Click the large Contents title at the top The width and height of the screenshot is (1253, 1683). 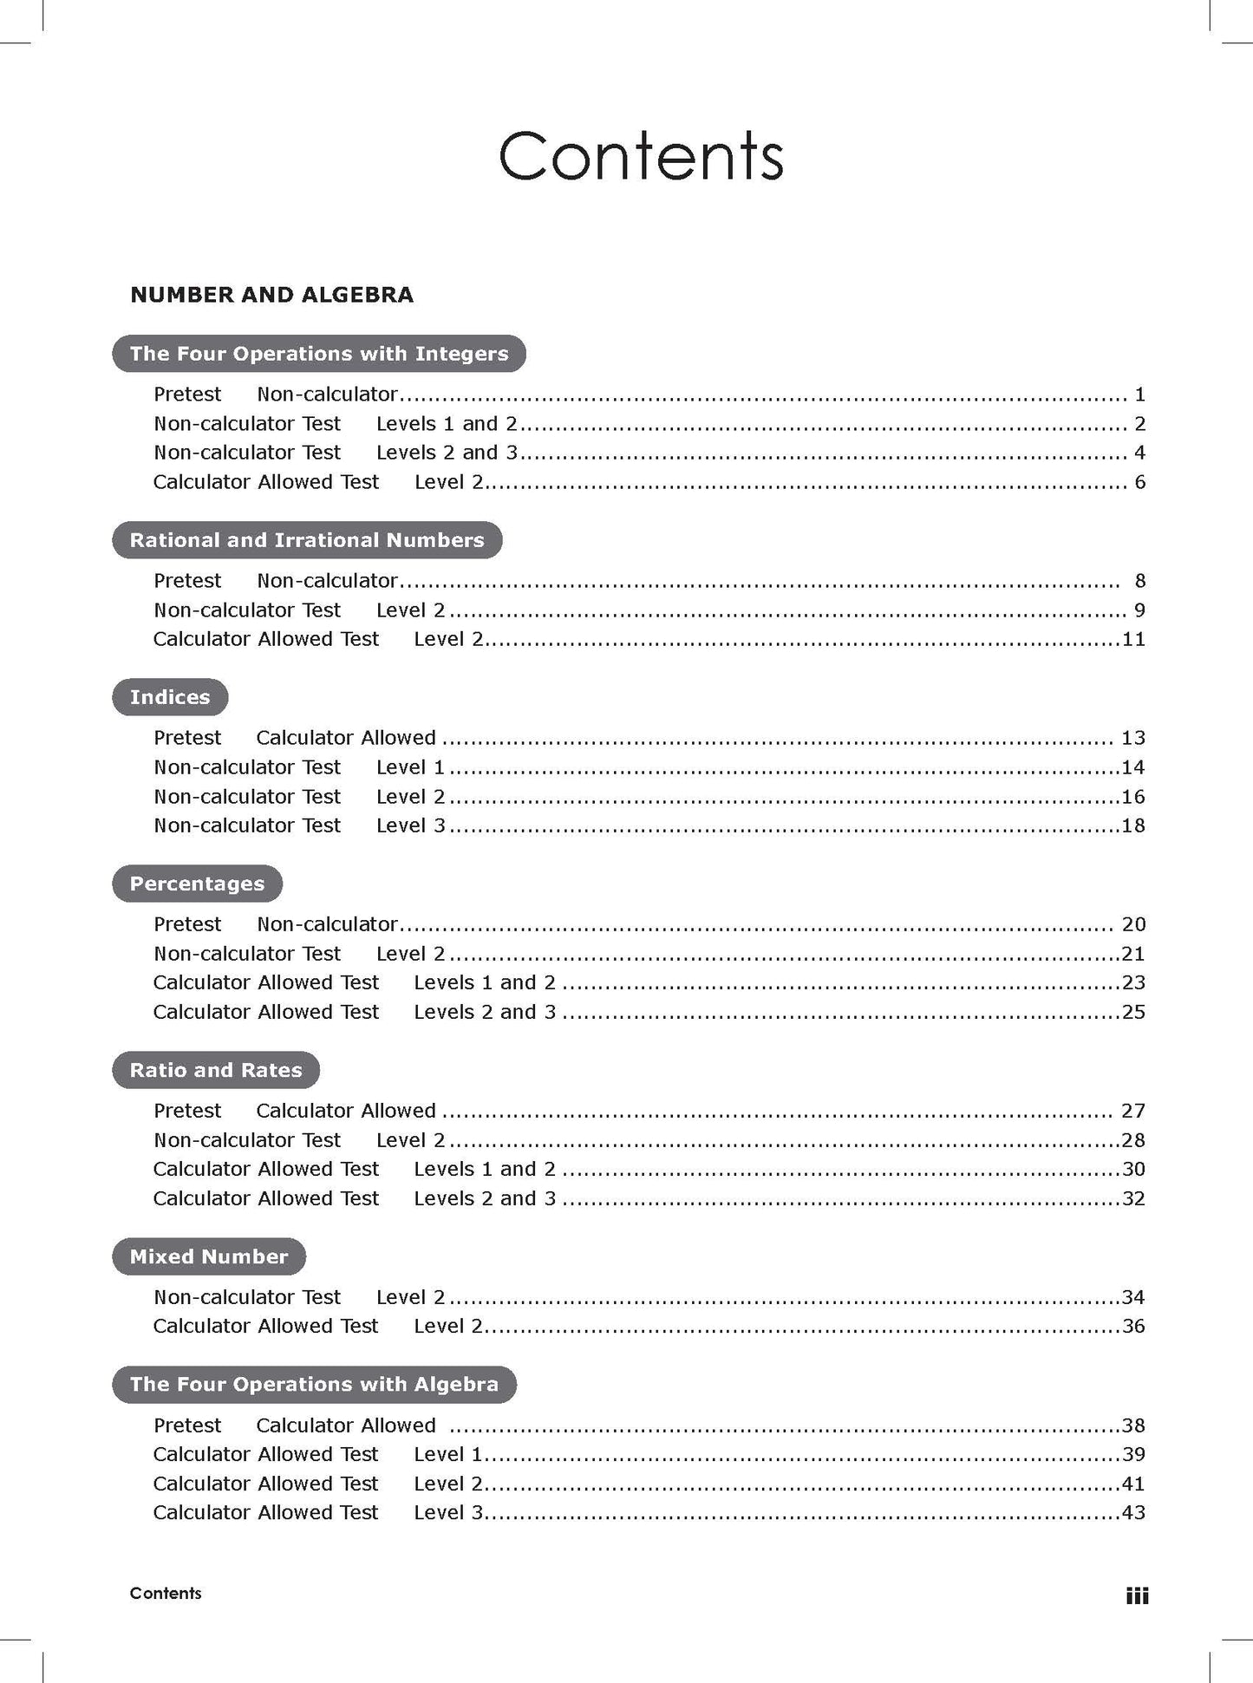click(x=641, y=156)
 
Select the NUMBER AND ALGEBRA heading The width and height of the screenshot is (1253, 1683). click(x=271, y=295)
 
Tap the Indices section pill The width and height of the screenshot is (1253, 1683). click(x=170, y=697)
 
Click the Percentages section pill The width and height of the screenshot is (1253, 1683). click(x=197, y=884)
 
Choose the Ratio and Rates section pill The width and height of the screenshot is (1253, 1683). click(x=216, y=1070)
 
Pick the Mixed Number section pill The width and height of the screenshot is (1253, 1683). click(x=209, y=1256)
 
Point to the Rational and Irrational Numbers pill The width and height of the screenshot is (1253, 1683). click(x=307, y=540)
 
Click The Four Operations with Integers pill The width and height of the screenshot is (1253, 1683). click(x=319, y=354)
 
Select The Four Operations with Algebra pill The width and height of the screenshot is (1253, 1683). click(x=314, y=1384)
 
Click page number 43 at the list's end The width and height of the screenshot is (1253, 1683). click(x=1133, y=1512)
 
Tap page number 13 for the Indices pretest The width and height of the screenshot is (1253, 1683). click(x=1133, y=738)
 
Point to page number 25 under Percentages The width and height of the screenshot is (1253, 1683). click(x=1133, y=1012)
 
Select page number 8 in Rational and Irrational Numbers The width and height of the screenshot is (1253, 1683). click(x=1140, y=581)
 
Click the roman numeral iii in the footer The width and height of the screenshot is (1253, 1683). click(x=1137, y=1595)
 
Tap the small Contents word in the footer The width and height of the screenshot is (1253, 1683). click(x=166, y=1593)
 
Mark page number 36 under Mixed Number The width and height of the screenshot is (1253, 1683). click(x=1133, y=1326)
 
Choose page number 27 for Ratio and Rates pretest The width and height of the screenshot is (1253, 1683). click(x=1133, y=1111)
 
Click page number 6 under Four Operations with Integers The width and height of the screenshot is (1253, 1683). click(x=1140, y=482)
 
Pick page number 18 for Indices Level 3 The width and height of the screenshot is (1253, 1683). click(x=1133, y=825)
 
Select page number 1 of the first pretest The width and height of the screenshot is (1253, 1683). click(x=1140, y=395)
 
